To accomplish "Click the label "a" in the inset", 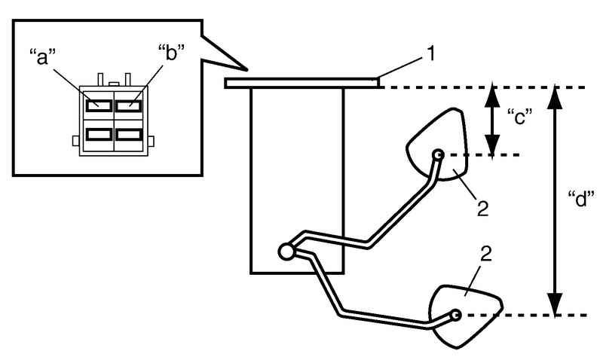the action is tap(43, 57).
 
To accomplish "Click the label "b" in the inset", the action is tap(171, 53).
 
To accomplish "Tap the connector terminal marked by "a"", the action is tap(99, 105).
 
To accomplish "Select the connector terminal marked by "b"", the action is tap(129, 105).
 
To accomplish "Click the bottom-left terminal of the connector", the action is tap(99, 134).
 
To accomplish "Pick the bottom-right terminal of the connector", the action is tap(129, 134).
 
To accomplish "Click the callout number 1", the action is tap(431, 53).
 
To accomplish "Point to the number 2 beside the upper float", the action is tap(482, 208).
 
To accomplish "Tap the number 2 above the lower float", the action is tap(486, 254).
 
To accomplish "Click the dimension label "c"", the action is tap(520, 117).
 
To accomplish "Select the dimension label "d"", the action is tap(581, 199).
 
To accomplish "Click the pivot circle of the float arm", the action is tap(286, 252).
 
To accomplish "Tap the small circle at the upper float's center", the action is tap(439, 155).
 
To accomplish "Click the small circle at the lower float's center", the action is tap(456, 315).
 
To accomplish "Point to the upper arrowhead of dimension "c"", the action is tap(492, 97).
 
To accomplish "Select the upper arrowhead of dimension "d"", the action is tap(555, 98).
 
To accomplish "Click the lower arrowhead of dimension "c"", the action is tap(492, 145).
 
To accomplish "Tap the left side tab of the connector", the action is tap(76, 141).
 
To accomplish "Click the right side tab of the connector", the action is tap(152, 141).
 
